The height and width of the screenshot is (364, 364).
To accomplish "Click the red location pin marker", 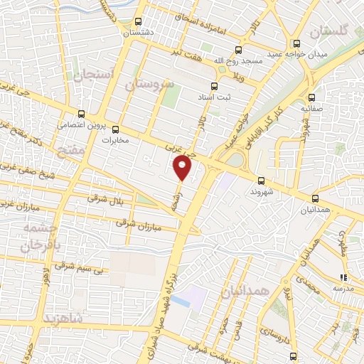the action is (183, 168).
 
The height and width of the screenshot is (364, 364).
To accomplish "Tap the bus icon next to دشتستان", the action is (138, 21).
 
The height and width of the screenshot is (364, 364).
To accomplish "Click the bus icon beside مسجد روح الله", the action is (238, 49).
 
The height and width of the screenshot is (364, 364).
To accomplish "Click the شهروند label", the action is (262, 191).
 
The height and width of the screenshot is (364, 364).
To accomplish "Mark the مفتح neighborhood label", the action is (73, 152).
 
